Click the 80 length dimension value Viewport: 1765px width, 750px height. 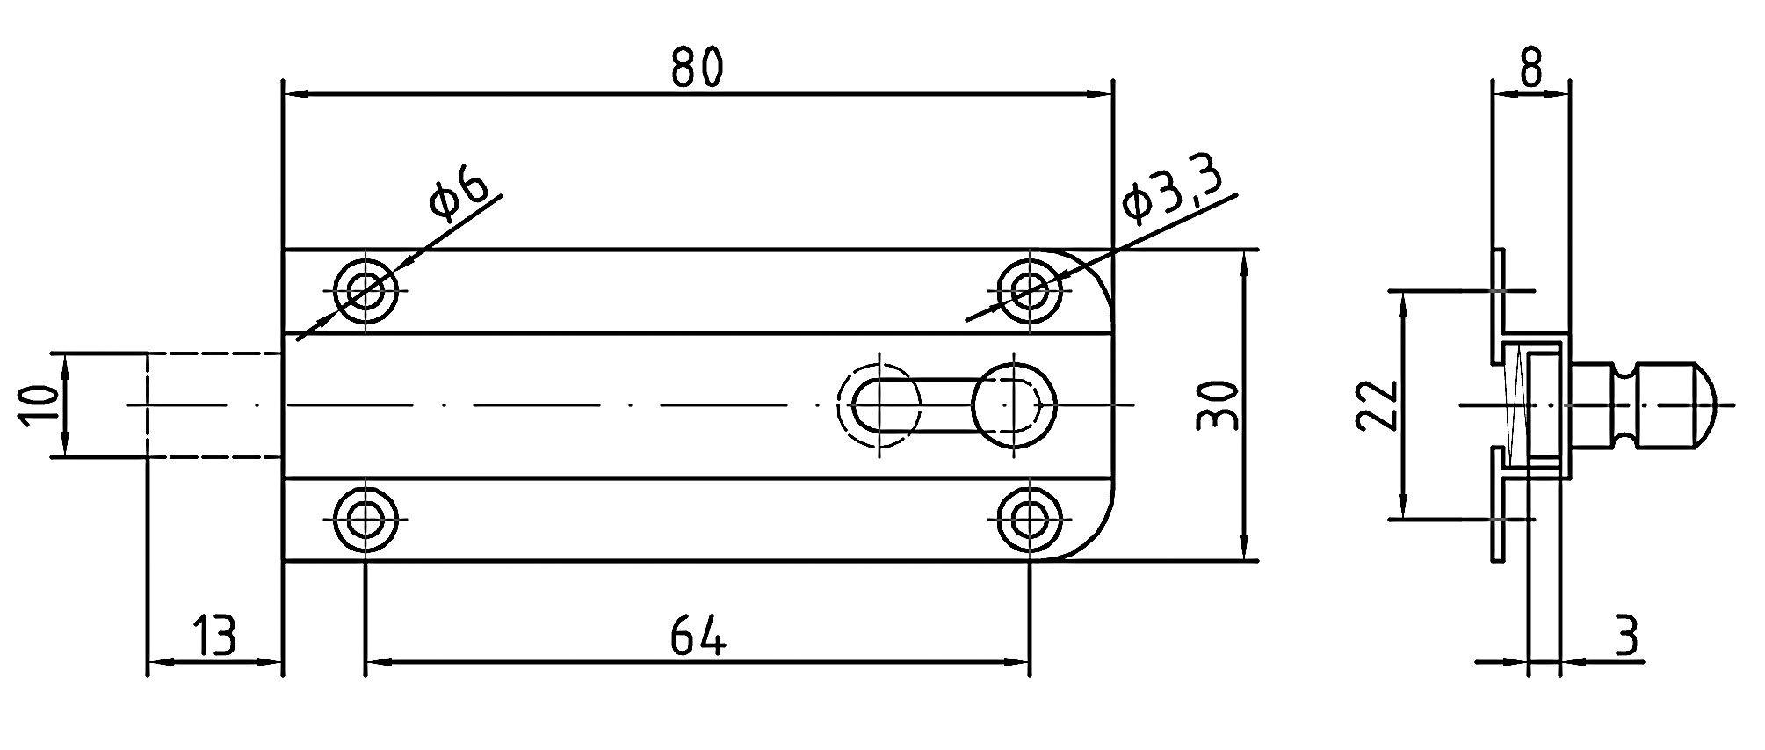pos(697,68)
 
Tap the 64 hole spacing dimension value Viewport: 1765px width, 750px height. pos(698,635)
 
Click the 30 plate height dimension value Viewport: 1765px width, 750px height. pos(1219,405)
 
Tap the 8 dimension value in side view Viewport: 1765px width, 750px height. pos(1530,68)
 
